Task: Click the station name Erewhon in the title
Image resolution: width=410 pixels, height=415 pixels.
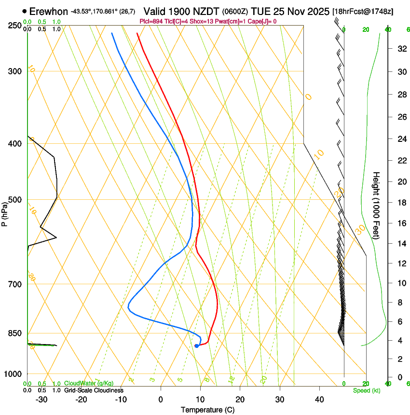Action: pyautogui.click(x=48, y=11)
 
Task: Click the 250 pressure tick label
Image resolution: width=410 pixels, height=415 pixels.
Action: pyautogui.click(x=14, y=26)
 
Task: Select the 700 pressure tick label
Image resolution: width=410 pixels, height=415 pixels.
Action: pyautogui.click(x=14, y=284)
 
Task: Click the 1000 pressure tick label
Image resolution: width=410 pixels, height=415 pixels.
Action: pyautogui.click(x=13, y=374)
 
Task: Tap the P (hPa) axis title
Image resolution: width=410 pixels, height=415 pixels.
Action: pyautogui.click(x=4, y=213)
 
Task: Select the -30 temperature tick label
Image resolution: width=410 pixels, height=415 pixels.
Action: pyautogui.click(x=41, y=399)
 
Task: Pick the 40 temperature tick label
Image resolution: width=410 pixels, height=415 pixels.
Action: pyautogui.click(x=319, y=399)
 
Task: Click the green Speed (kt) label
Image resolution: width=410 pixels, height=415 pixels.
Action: pyautogui.click(x=366, y=390)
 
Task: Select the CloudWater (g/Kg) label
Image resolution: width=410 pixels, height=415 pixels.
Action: pyautogui.click(x=89, y=384)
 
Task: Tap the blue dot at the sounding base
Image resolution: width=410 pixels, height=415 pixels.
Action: pyautogui.click(x=196, y=346)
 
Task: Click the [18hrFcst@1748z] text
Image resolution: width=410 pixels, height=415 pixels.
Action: pyautogui.click(x=362, y=11)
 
